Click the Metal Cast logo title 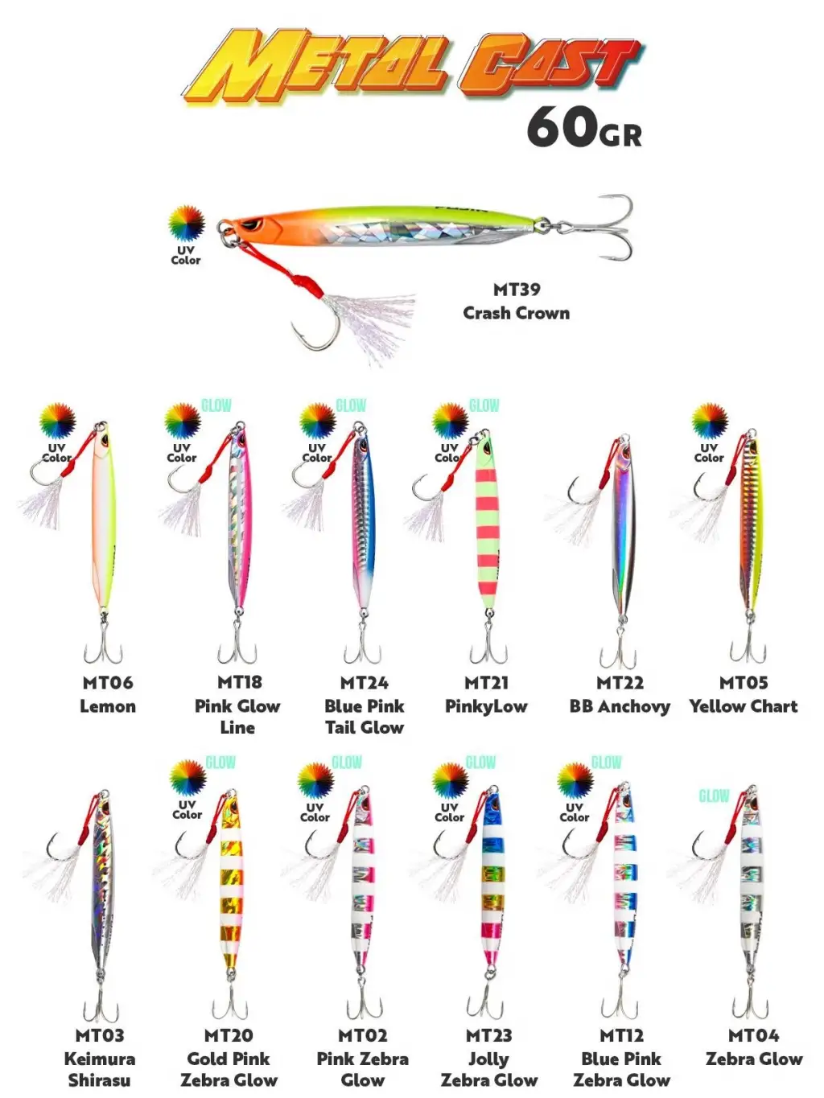tap(412, 64)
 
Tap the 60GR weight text tap(584, 129)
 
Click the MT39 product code tap(516, 289)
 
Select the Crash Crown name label tap(516, 313)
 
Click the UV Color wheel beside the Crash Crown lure tap(186, 223)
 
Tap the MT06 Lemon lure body tap(105, 523)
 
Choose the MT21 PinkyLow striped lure tap(488, 523)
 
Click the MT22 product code tap(620, 683)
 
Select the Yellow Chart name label tap(744, 706)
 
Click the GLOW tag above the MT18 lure tap(216, 405)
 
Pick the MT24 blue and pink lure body tap(363, 523)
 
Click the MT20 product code tap(229, 1035)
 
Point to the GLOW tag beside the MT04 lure tap(713, 796)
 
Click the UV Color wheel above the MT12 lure tap(575, 780)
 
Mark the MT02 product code tap(362, 1035)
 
